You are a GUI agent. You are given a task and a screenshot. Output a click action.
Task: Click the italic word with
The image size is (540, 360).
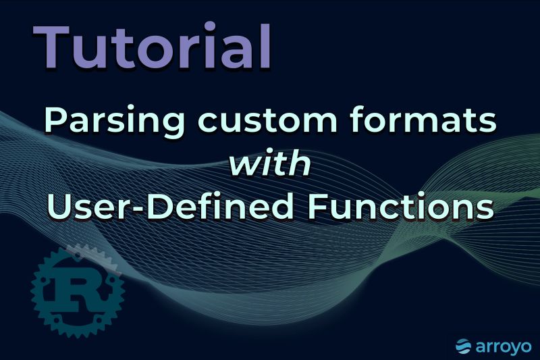point(270,164)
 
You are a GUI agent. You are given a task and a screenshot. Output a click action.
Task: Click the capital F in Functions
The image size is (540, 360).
point(317,205)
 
